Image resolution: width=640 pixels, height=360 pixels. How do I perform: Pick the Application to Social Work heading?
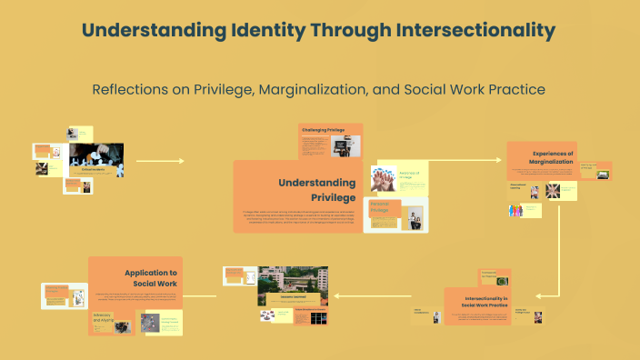(x=151, y=277)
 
